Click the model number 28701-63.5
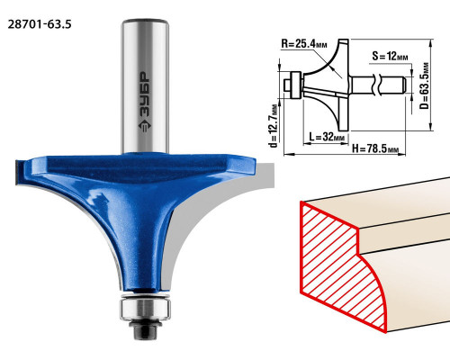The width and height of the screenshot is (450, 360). (x=40, y=24)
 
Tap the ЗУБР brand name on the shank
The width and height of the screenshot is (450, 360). (x=145, y=94)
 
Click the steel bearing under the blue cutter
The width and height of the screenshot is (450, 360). (x=146, y=309)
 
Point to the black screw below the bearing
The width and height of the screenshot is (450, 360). (x=145, y=329)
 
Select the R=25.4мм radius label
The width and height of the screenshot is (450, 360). (x=304, y=44)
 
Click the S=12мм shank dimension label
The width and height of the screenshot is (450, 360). (x=390, y=56)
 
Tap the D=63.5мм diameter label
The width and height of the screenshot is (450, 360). (x=425, y=85)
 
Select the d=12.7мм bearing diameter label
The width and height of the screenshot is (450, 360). (x=274, y=126)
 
